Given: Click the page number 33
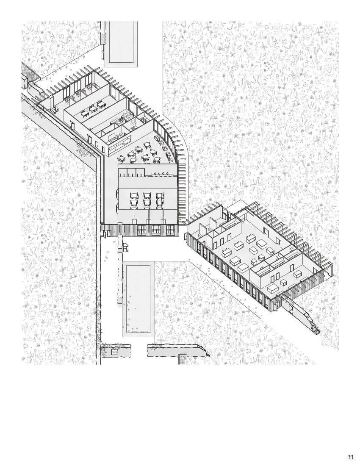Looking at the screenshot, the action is (x=350, y=458).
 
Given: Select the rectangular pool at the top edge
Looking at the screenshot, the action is (x=121, y=42).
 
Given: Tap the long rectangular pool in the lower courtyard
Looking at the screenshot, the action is (x=138, y=299).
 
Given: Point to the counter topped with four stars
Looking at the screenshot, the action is (x=162, y=174).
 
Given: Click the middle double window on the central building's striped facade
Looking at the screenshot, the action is (x=156, y=230).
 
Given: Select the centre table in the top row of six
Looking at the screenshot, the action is (x=147, y=196).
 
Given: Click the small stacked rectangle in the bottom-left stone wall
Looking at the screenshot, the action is (x=114, y=352).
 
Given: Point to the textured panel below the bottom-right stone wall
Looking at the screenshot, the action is (x=183, y=359).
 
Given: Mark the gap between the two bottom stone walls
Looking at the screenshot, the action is (x=139, y=351).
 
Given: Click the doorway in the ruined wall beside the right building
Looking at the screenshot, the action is (x=291, y=308).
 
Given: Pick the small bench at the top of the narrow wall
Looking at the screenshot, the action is (x=125, y=247).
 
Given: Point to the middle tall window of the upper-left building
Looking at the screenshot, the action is (x=78, y=86).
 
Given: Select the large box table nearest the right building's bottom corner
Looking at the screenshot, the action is (x=273, y=288).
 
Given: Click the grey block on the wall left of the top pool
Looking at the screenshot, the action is (x=102, y=39).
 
